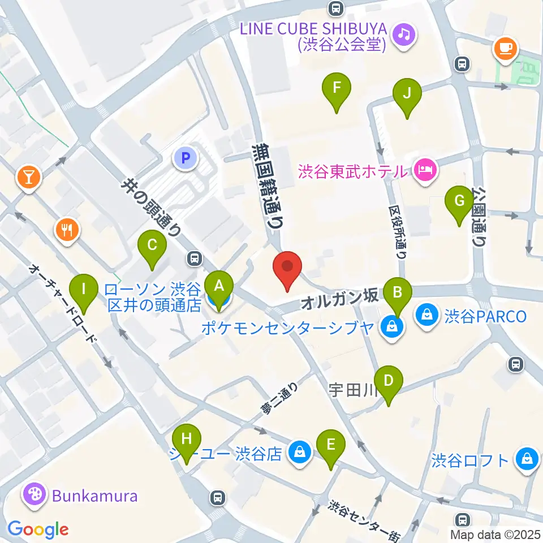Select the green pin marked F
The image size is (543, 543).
click(337, 89)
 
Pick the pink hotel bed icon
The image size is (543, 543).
click(424, 169)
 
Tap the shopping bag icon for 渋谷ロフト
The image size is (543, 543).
click(527, 459)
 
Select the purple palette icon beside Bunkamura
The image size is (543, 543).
click(33, 496)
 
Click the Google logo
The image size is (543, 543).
click(38, 529)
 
